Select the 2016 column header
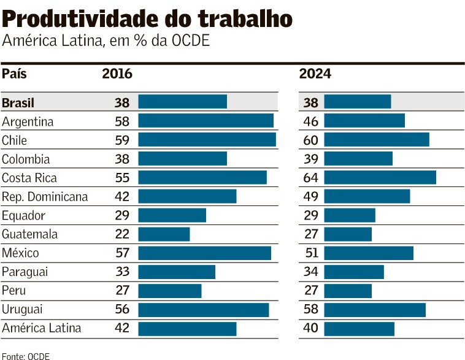click(x=117, y=74)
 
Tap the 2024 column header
click(x=315, y=74)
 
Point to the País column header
click(x=14, y=74)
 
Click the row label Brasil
click(x=18, y=102)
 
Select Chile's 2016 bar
click(x=207, y=140)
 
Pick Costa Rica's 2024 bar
click(x=380, y=178)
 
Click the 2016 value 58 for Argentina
click(x=122, y=121)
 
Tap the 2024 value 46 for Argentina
click(x=310, y=121)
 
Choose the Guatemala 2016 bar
click(x=164, y=234)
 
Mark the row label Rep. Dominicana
click(x=45, y=197)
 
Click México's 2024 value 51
click(x=310, y=253)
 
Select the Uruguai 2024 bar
click(x=374, y=310)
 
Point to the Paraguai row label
click(x=25, y=272)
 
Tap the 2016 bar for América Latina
click(x=187, y=329)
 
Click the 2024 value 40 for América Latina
click(x=310, y=328)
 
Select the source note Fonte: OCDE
click(x=26, y=356)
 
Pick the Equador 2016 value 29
click(x=122, y=215)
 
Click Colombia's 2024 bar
click(x=358, y=159)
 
